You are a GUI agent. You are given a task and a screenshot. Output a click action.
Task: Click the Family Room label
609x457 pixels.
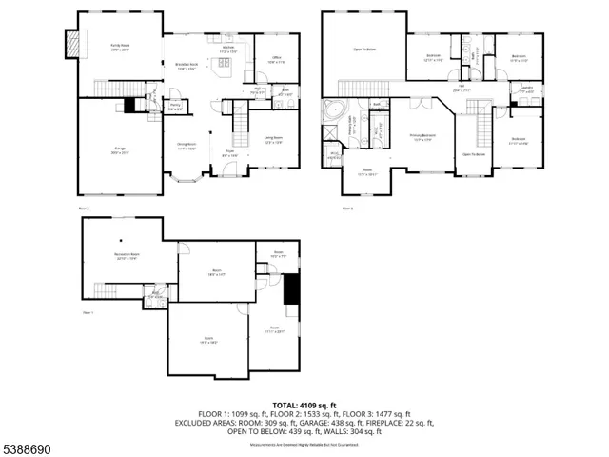coord(120,47)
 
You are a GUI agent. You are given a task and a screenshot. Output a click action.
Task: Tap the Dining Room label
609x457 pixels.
coord(186,147)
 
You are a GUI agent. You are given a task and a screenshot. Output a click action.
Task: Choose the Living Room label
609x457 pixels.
coord(272,140)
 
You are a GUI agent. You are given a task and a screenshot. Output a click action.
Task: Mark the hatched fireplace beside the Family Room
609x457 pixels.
coord(70,43)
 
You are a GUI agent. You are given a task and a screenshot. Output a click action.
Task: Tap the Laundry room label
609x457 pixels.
coord(526,89)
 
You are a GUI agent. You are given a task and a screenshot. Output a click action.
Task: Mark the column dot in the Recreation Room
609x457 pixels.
coord(122,241)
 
